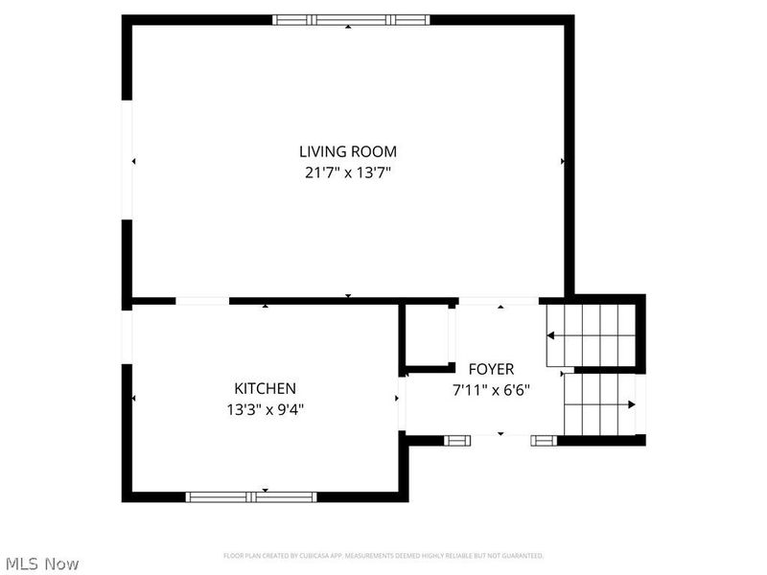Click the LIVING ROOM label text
pos(347,151)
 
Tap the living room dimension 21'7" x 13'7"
pos(347,173)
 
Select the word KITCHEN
pos(265,388)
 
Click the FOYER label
pos(491,369)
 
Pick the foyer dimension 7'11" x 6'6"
pos(491,390)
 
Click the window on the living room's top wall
pos(351,19)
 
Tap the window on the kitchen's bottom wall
pos(251,496)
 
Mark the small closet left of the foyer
pos(427,334)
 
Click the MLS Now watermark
pos(41,563)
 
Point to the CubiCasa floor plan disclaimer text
pos(383,556)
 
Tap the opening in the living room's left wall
pos(127,159)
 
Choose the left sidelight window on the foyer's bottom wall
pos(457,440)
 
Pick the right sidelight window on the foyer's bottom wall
pos(544,440)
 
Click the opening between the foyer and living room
pos(498,301)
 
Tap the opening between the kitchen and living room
pos(202,301)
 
